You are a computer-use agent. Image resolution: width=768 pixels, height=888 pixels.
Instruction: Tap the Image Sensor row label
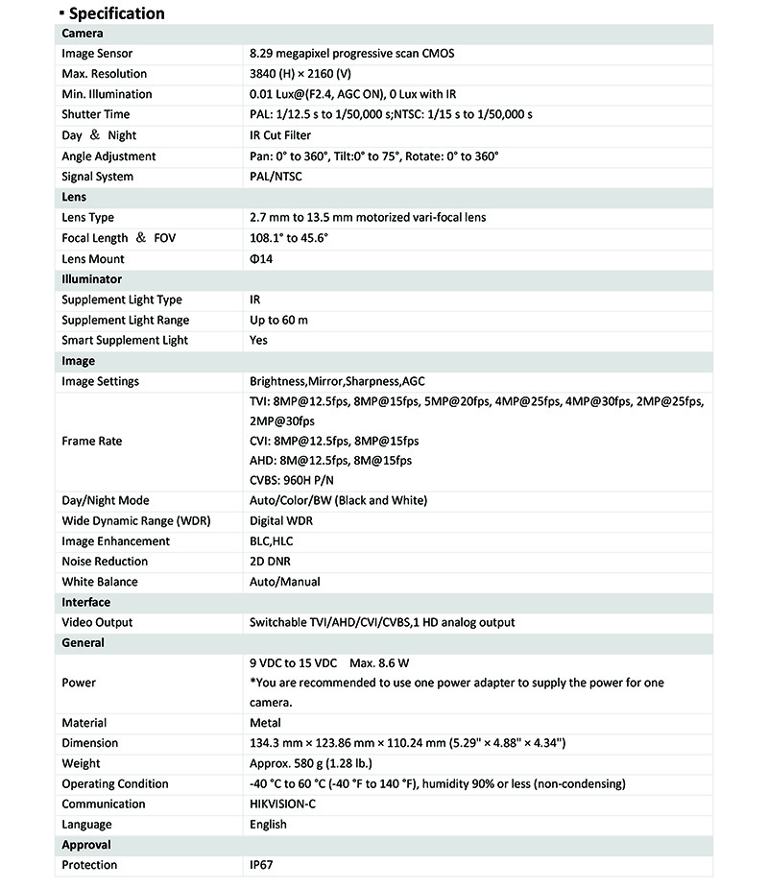coord(97,54)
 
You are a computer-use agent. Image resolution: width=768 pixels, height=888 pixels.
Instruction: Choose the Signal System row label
coord(97,177)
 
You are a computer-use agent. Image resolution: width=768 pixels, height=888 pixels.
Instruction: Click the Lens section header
coord(74,197)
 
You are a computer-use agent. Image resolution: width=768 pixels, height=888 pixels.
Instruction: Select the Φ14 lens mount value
coord(261,259)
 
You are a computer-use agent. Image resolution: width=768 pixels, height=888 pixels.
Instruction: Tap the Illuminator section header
coord(91,279)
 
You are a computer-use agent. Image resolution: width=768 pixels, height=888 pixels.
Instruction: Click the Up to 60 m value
coord(278,320)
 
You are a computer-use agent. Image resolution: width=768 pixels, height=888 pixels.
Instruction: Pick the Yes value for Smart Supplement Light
coord(258,341)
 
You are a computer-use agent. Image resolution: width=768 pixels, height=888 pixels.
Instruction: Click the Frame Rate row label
coord(91,442)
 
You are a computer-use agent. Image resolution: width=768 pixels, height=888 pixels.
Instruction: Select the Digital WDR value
coord(281,521)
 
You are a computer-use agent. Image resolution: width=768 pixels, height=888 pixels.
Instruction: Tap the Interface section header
coord(85,602)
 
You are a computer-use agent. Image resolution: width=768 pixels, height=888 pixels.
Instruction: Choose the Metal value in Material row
coord(265,723)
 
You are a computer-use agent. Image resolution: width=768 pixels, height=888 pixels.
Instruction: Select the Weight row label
coord(81,764)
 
